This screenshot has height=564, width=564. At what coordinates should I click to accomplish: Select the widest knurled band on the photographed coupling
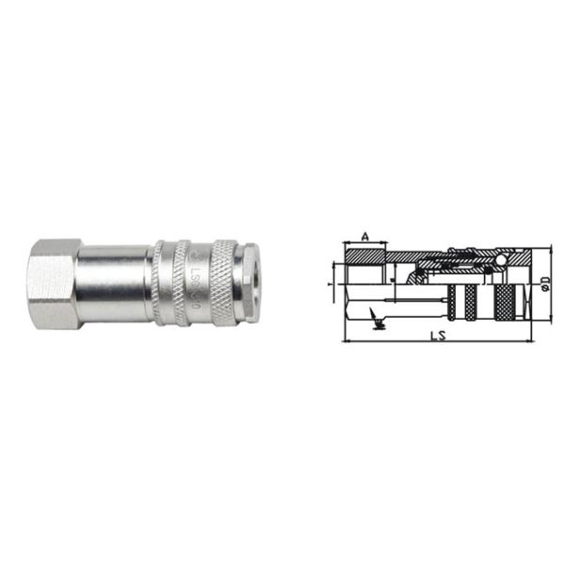point(224,282)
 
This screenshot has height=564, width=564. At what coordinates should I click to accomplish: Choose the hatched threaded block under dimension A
point(364,255)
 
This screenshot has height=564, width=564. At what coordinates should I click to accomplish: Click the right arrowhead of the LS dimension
point(527,341)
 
